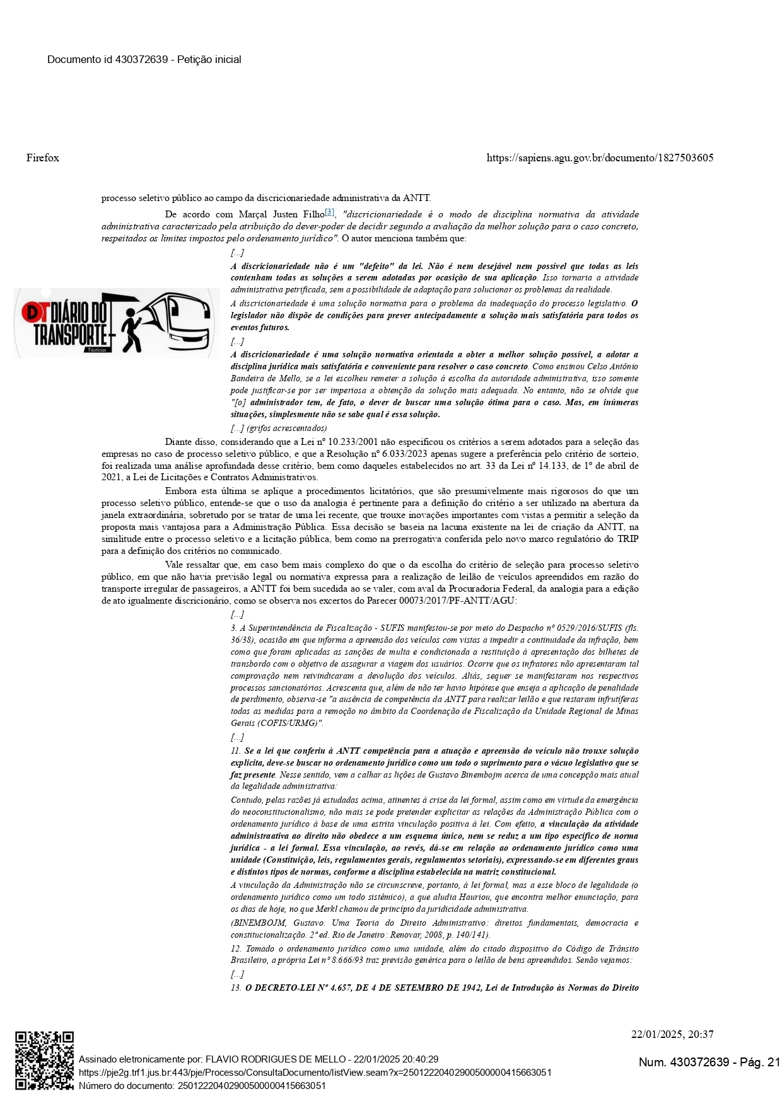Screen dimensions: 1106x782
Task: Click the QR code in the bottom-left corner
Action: coord(44,1061)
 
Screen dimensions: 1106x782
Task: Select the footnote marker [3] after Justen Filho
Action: coord(330,212)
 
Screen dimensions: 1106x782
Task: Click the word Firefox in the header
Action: coord(43,158)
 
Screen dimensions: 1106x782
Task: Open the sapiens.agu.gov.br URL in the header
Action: coord(600,158)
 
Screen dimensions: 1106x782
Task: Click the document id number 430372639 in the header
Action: coord(142,59)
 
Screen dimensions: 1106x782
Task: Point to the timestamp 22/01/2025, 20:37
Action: coord(672,1034)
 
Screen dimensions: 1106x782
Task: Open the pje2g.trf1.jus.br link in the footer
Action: coord(315,1072)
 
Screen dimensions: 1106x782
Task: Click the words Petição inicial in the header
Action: coord(209,59)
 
